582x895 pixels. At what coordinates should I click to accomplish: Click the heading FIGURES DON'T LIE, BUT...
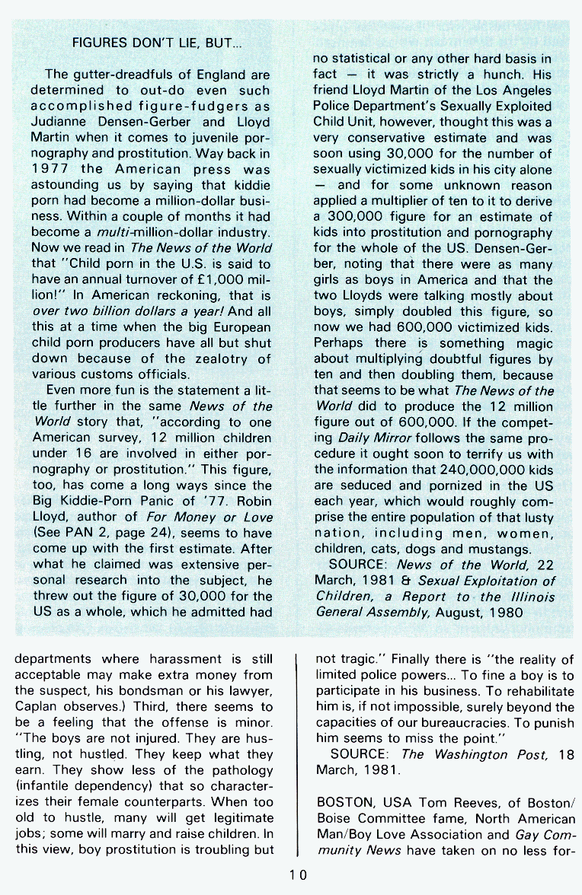[x=157, y=43]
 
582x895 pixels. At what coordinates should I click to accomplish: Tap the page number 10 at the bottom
[x=297, y=874]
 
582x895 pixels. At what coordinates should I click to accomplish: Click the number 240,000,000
[x=475, y=469]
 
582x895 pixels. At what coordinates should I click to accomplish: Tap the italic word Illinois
[x=528, y=596]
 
